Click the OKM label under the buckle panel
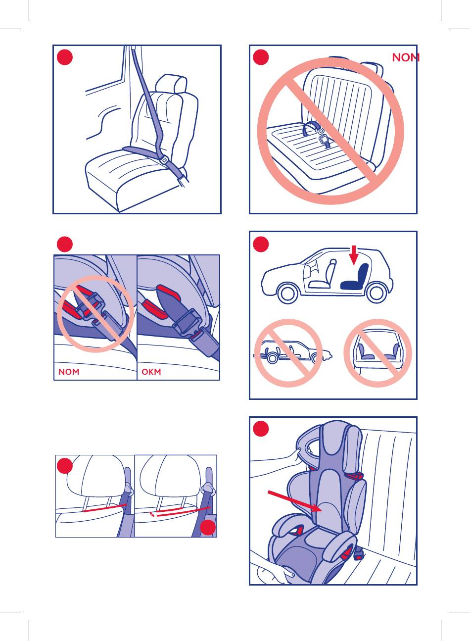tap(151, 372)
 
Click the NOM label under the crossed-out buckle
tap(69, 372)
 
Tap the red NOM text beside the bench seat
tap(406, 57)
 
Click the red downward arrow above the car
tap(354, 255)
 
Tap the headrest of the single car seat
tap(171, 83)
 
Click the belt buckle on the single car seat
tap(164, 159)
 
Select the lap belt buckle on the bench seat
tap(324, 140)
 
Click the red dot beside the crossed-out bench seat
tap(261, 57)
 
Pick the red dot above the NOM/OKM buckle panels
tap(65, 244)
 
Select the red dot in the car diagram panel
tap(261, 244)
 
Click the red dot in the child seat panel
tap(261, 429)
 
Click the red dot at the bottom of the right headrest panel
tap(208, 527)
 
